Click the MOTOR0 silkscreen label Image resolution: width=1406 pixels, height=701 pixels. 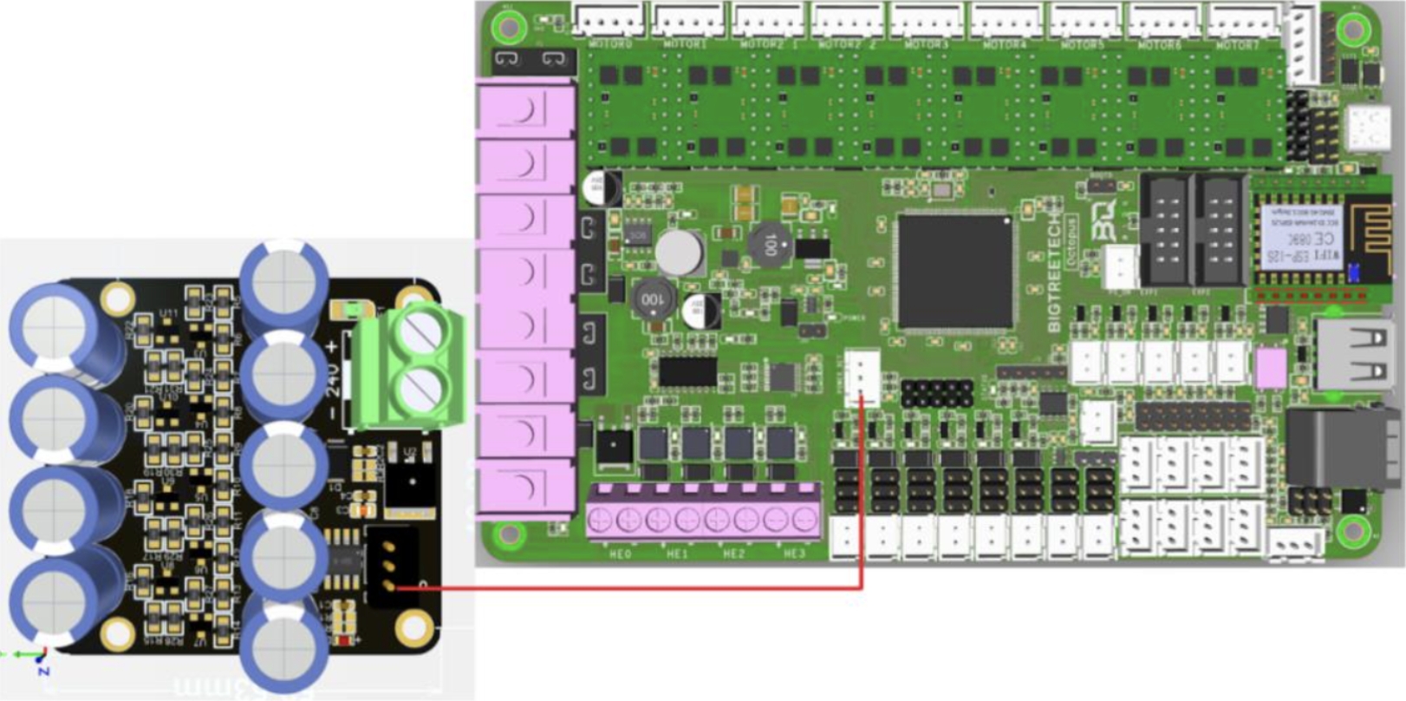click(x=610, y=44)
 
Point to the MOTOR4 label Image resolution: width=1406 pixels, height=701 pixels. click(x=1005, y=44)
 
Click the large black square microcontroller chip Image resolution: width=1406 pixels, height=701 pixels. click(x=954, y=271)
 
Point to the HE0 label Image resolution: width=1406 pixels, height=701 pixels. click(x=621, y=554)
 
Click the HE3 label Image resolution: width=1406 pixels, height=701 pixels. click(x=795, y=554)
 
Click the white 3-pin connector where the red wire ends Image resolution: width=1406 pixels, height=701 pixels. click(x=862, y=378)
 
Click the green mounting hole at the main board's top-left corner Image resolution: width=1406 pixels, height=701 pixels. click(x=508, y=27)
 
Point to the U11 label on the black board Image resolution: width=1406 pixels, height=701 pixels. click(x=170, y=314)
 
